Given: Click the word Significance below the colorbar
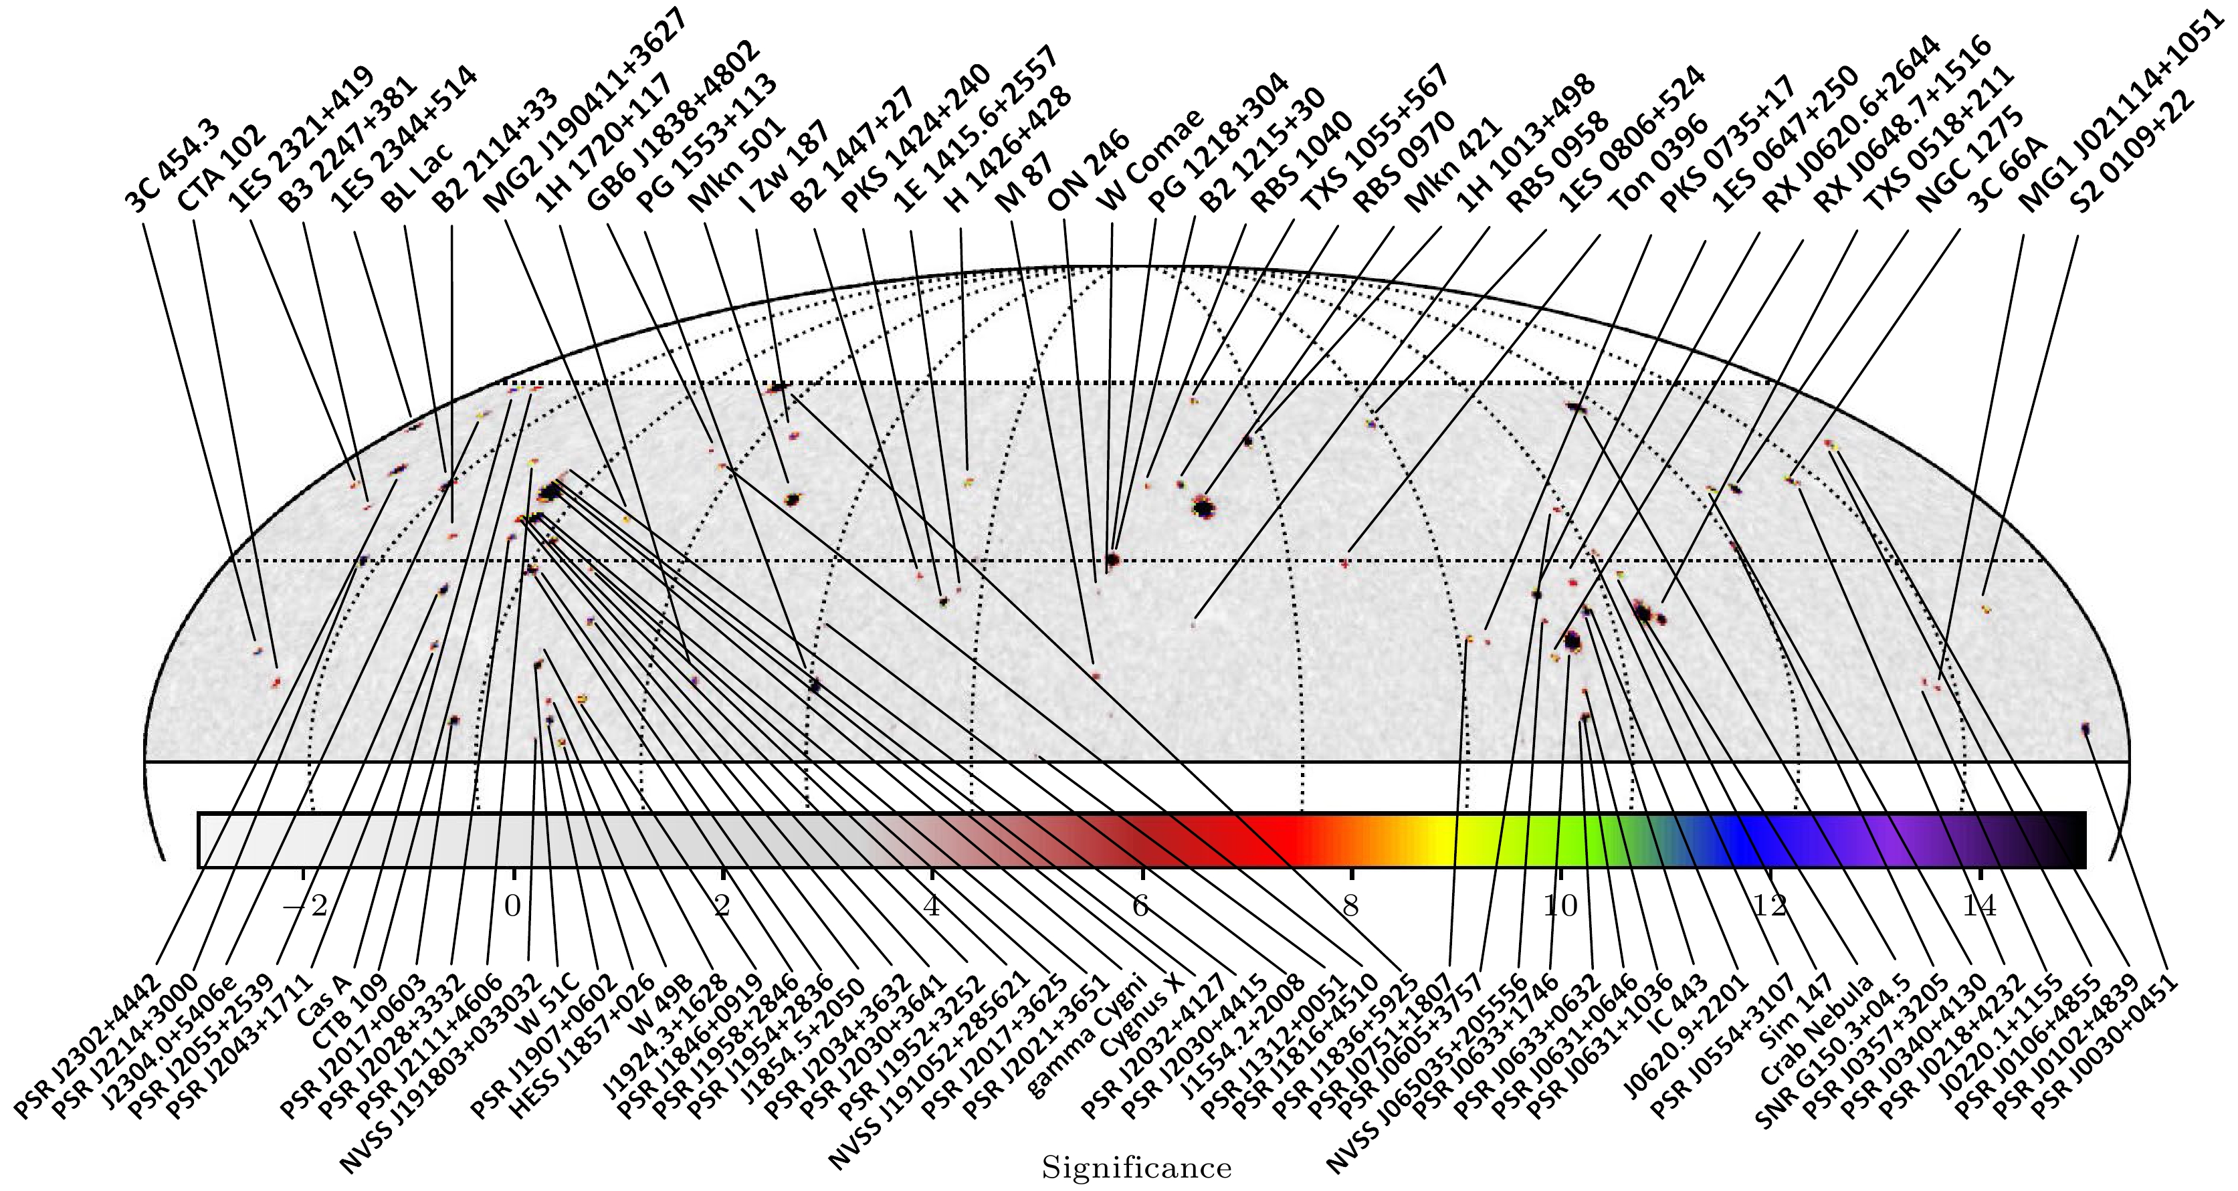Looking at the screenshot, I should (x=1136, y=1168).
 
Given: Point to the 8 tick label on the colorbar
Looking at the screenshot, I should (x=1350, y=906).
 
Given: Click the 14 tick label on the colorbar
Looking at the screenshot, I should (x=1979, y=906).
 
